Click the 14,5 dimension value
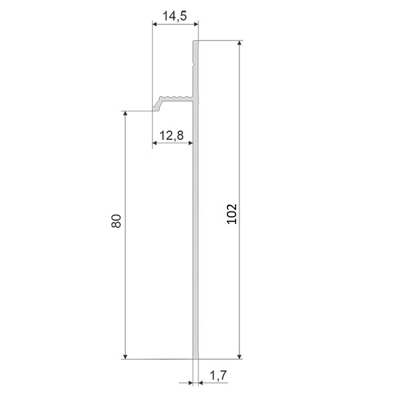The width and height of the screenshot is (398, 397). click(x=174, y=16)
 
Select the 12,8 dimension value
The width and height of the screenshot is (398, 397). click(x=172, y=135)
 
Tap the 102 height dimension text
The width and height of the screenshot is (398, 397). click(x=232, y=214)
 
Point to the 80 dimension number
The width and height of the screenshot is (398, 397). click(x=116, y=221)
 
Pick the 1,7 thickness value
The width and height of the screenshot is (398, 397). click(x=218, y=375)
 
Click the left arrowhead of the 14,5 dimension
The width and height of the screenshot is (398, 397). click(x=155, y=25)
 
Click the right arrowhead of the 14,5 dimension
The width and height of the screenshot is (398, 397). click(x=196, y=25)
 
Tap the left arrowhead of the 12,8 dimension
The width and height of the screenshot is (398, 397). click(x=155, y=143)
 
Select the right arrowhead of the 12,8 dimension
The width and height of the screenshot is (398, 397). click(x=191, y=143)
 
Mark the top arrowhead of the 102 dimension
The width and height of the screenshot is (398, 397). click(x=239, y=43)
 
